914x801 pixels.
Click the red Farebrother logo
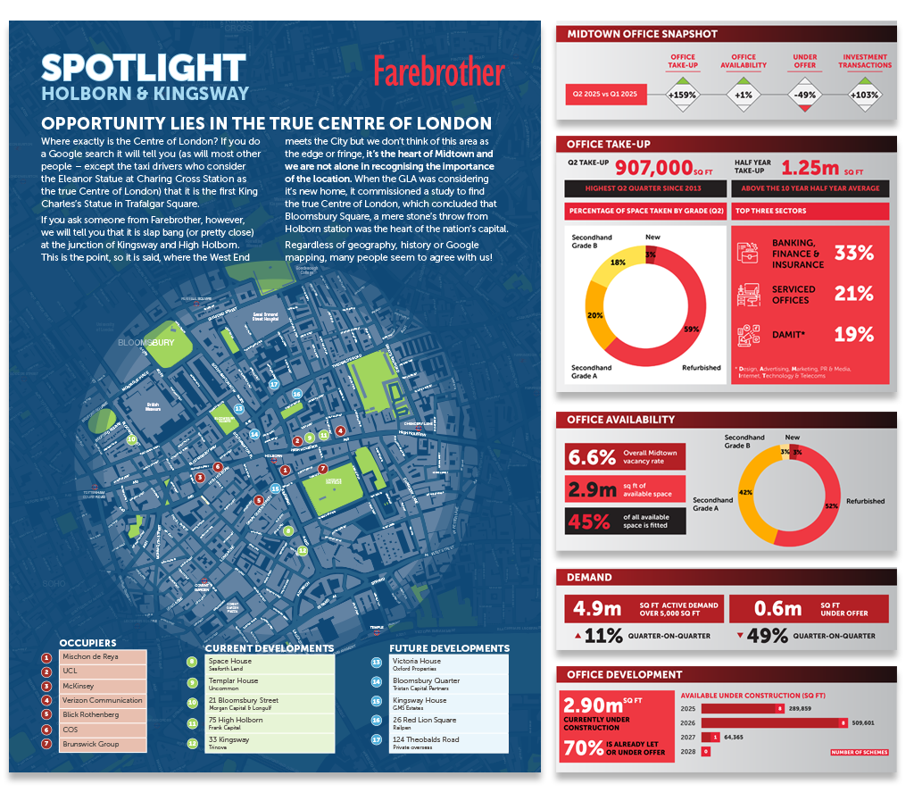pyautogui.click(x=438, y=71)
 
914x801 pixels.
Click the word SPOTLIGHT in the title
pyautogui.click(x=143, y=68)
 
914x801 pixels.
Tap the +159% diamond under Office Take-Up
pyautogui.click(x=685, y=95)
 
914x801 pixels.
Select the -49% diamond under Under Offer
pyautogui.click(x=805, y=95)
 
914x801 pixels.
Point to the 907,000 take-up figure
pyautogui.click(x=654, y=167)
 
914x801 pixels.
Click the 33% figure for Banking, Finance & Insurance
pyautogui.click(x=853, y=254)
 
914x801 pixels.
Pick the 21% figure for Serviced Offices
pyautogui.click(x=853, y=294)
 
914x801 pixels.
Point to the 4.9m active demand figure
pyautogui.click(x=598, y=609)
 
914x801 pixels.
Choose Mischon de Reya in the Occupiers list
pyautogui.click(x=90, y=656)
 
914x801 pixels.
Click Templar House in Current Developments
pyautogui.click(x=234, y=681)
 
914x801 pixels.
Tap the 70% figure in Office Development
pyautogui.click(x=583, y=748)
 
